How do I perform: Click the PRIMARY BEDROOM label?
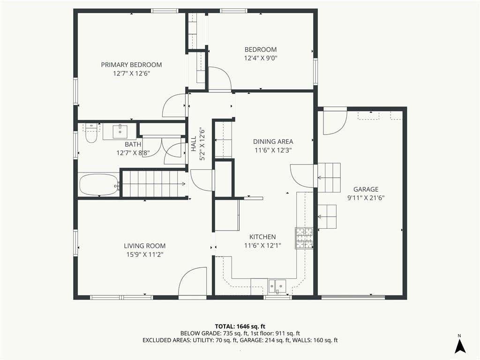click(x=131, y=65)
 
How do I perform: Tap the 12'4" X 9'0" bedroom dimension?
click(x=261, y=58)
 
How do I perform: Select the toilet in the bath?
click(x=91, y=133)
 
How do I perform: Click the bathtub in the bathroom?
click(x=99, y=184)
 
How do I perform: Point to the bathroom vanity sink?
click(x=120, y=131)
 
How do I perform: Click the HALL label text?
click(x=194, y=144)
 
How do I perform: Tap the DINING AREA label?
click(x=273, y=142)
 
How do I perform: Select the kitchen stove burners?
click(x=304, y=238)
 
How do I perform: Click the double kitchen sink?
click(x=277, y=286)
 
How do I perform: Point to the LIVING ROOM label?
click(x=144, y=246)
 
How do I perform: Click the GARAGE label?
click(x=366, y=189)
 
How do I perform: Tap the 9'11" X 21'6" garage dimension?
click(x=366, y=198)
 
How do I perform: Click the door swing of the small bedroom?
click(x=220, y=78)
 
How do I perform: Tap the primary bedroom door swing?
click(x=174, y=105)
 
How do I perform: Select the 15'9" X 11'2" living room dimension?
click(x=145, y=255)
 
